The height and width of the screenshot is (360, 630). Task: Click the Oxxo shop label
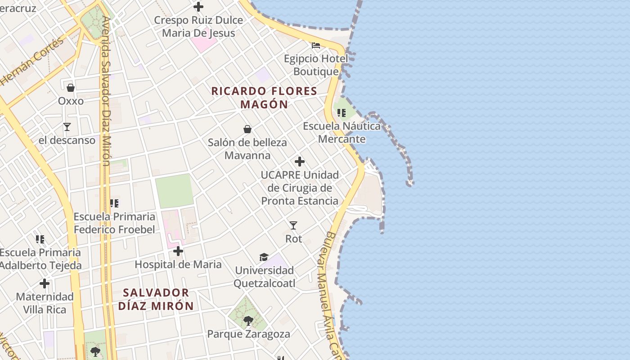71,101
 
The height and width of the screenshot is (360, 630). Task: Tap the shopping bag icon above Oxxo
71,87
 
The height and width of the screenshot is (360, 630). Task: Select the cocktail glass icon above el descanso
67,127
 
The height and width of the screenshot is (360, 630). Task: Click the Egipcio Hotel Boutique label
316,65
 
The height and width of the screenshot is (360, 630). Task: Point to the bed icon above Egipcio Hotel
316,45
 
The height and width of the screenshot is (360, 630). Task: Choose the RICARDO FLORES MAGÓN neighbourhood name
264,98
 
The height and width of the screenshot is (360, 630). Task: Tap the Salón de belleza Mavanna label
247,149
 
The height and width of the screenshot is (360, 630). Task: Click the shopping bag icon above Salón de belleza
247,130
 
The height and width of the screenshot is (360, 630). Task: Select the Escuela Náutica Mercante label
342,132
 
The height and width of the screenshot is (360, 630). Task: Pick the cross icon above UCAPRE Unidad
300,162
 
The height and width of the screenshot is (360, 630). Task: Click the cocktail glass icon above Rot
293,225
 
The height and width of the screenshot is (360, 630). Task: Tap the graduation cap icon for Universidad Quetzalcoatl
264,257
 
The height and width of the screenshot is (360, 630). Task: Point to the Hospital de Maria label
178,264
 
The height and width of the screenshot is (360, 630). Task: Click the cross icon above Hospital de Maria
178,251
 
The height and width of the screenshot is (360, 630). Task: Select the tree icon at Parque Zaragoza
248,321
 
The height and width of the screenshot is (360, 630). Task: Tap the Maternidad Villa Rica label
45,303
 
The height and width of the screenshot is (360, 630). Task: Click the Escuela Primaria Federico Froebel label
114,223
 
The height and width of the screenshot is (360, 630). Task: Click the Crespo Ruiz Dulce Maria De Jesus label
198,27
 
